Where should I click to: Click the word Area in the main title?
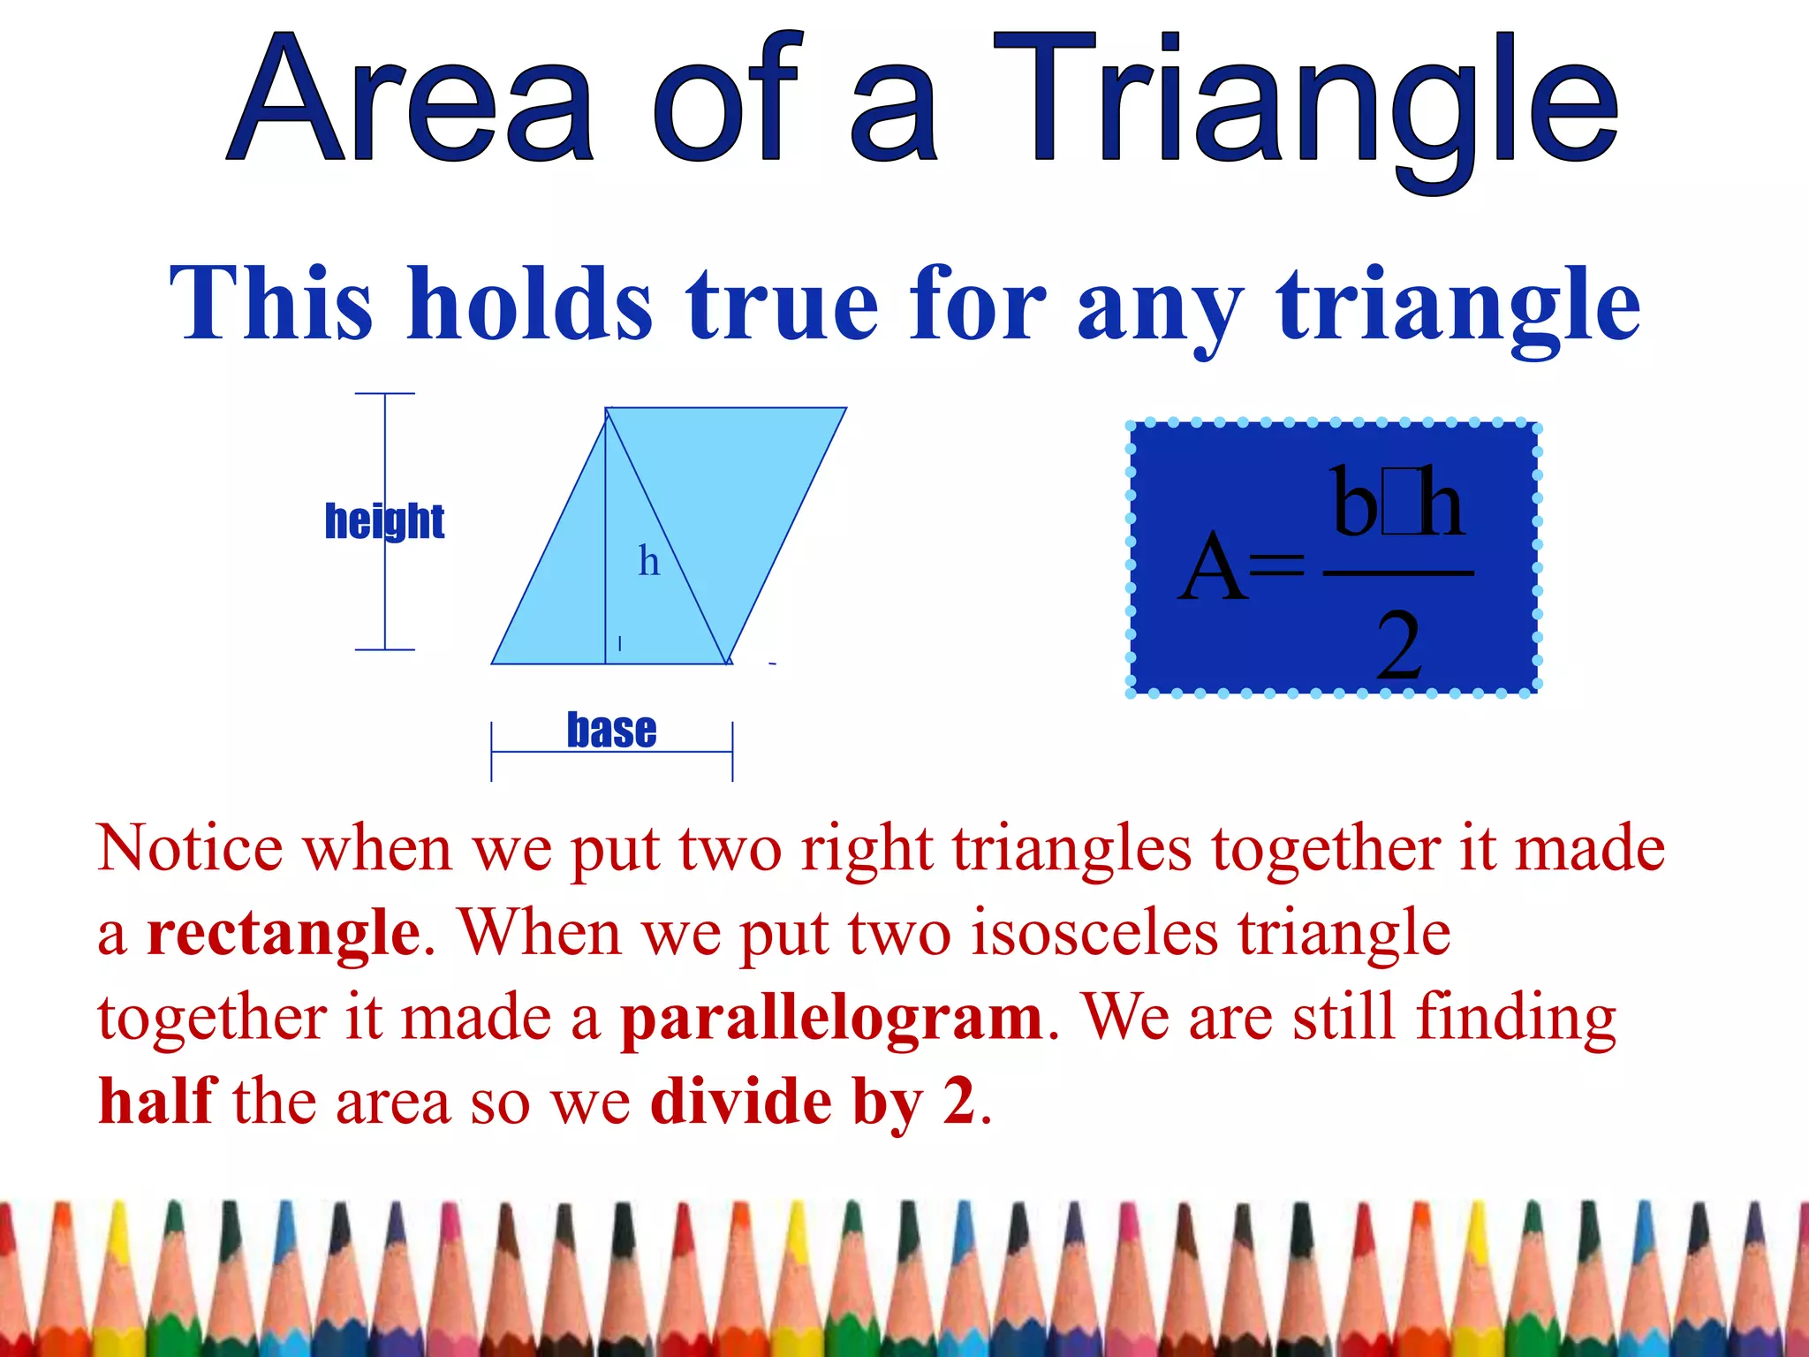411,102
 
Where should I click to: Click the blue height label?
384,521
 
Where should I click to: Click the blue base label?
611,731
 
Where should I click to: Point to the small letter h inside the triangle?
649,561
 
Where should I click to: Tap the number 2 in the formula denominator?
1398,647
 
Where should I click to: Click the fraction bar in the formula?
1398,573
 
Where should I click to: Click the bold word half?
157,1102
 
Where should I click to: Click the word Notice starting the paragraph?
190,849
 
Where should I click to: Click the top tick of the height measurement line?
384,394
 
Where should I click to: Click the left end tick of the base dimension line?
492,751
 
